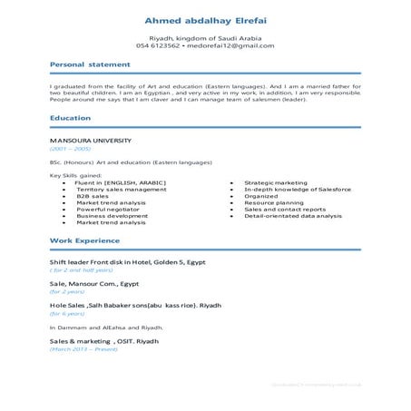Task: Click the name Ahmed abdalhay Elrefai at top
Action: (205, 20)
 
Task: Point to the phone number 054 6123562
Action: (159, 45)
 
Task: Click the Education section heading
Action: (70, 119)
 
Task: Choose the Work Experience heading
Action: (84, 240)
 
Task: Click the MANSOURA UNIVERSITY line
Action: (91, 141)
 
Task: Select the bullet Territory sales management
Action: (109, 189)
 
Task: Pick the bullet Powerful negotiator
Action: (102, 209)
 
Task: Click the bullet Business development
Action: (112, 216)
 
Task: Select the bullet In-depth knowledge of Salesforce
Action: (298, 189)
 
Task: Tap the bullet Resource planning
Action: (274, 202)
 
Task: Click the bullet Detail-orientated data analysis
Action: (292, 216)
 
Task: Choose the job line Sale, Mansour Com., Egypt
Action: (100, 284)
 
